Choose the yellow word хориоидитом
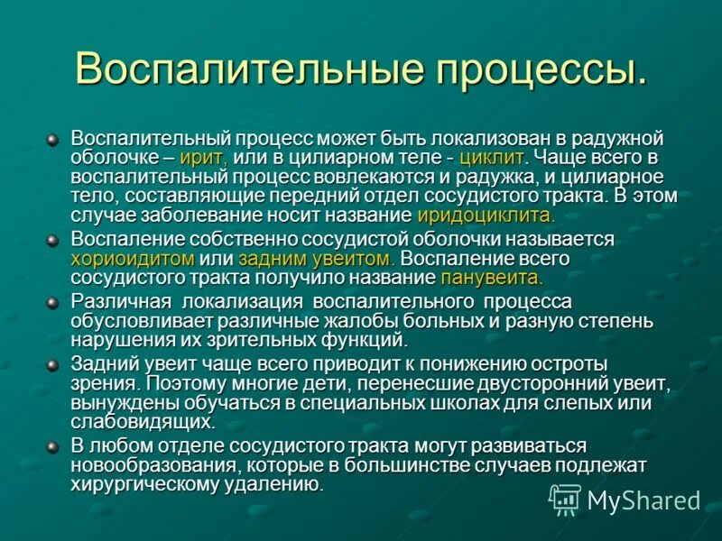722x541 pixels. (x=134, y=258)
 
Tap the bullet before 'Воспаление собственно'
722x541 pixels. (x=53, y=240)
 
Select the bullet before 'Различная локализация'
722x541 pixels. (x=53, y=301)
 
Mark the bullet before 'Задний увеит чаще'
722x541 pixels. (x=53, y=363)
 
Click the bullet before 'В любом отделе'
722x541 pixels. (x=53, y=445)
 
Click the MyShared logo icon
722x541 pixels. (x=565, y=499)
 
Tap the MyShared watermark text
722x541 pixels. (x=643, y=500)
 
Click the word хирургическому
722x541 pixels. (x=150, y=484)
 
